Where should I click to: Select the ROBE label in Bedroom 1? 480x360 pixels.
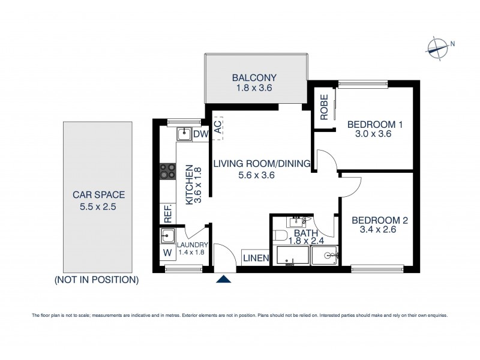[x=323, y=108]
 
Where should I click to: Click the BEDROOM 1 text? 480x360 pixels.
[x=375, y=125]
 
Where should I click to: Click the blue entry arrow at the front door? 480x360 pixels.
[x=224, y=278]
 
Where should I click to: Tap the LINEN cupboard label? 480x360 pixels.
[x=256, y=258]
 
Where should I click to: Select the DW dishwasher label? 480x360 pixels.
[x=200, y=134]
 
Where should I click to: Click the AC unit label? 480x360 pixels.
[x=218, y=127]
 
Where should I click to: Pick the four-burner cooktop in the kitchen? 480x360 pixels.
[x=167, y=172]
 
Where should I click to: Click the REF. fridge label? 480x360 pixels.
[x=167, y=214]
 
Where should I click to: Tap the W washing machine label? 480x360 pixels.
[x=167, y=253]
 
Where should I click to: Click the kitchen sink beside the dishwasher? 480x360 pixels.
[x=184, y=134]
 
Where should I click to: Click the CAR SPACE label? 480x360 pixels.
[x=98, y=194]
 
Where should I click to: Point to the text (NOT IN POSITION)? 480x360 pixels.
[x=97, y=280]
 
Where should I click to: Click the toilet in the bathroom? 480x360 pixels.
[x=328, y=256]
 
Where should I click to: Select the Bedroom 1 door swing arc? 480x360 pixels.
[x=327, y=160]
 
